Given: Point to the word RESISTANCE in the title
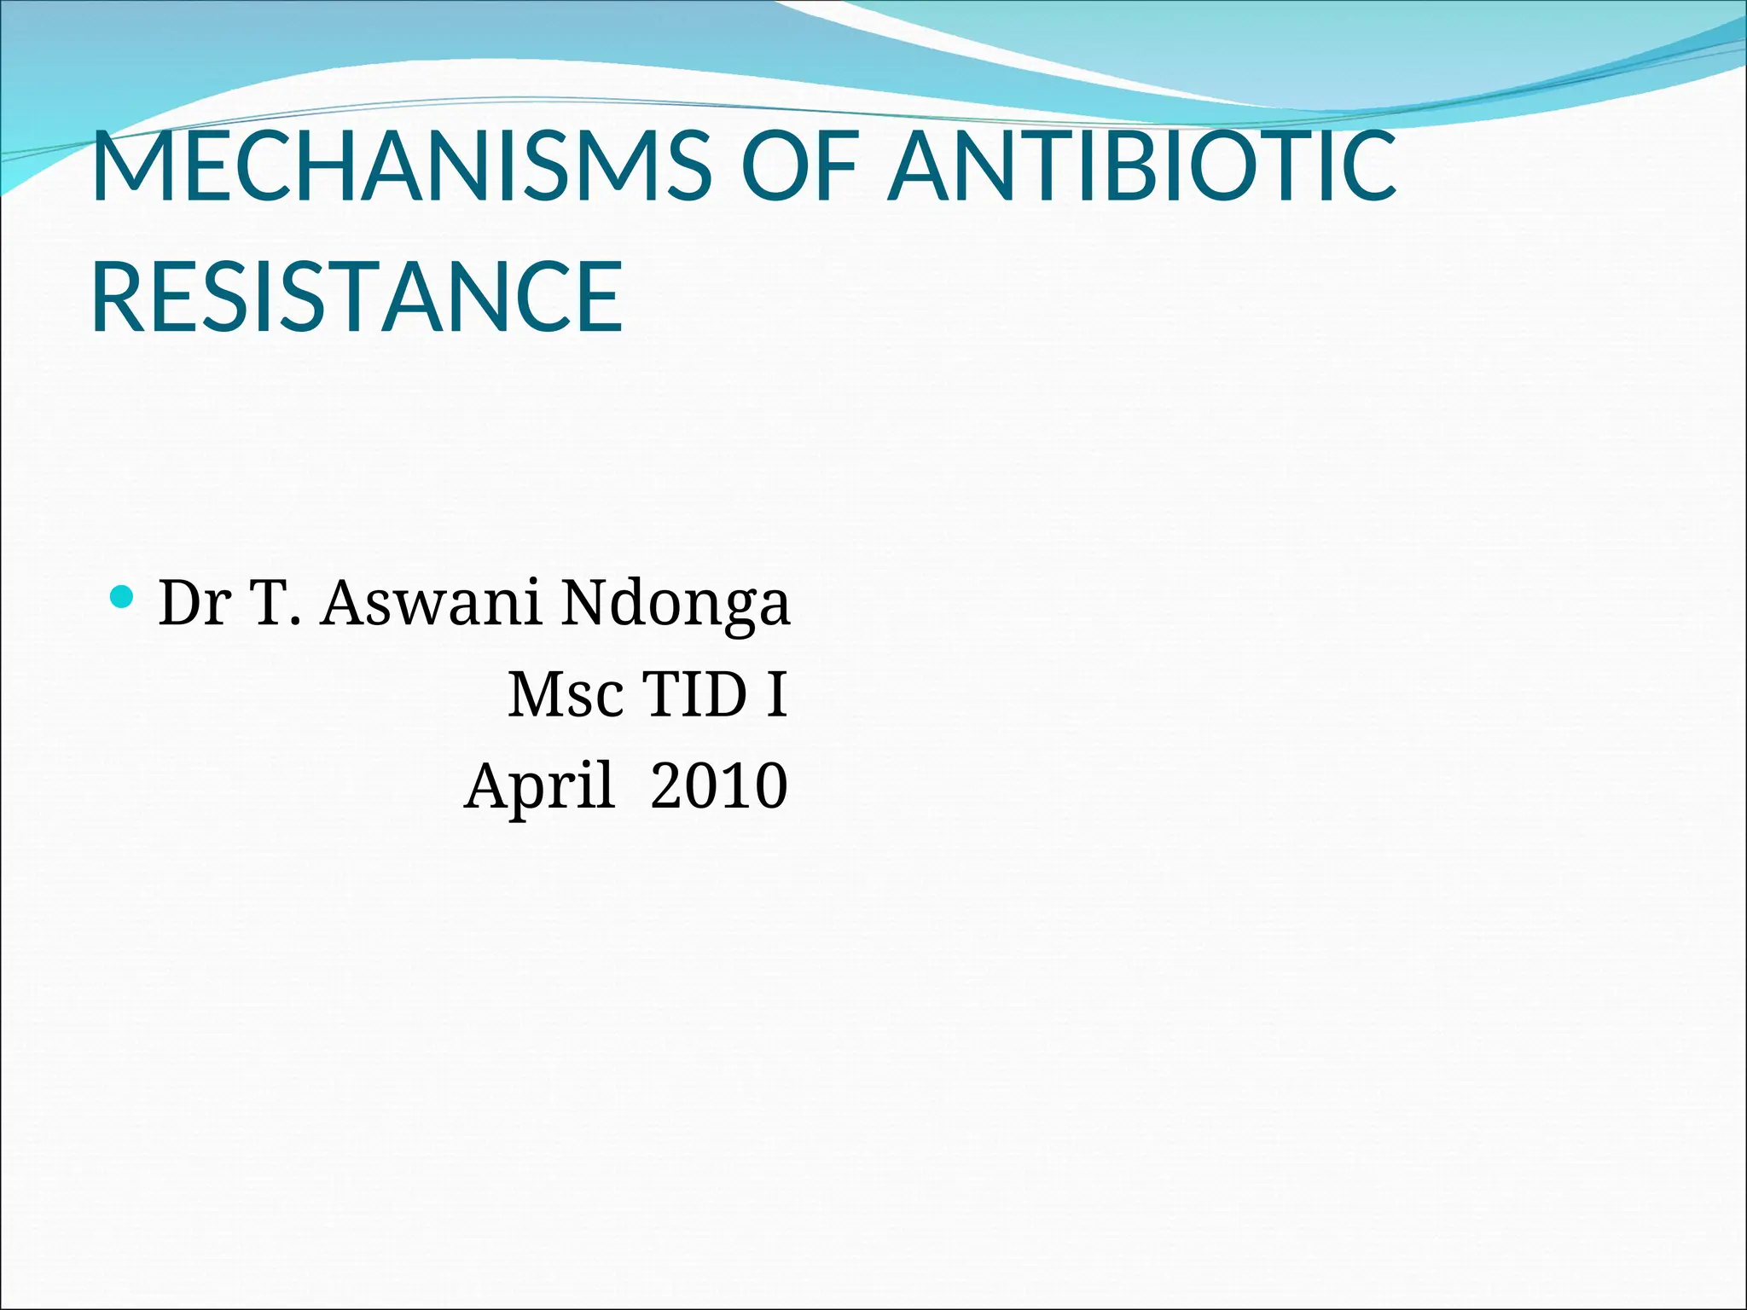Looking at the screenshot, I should tap(357, 297).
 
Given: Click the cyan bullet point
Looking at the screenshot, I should tap(123, 596).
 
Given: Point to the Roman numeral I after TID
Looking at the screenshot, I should tap(776, 695).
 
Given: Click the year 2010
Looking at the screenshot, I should tap(719, 786).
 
